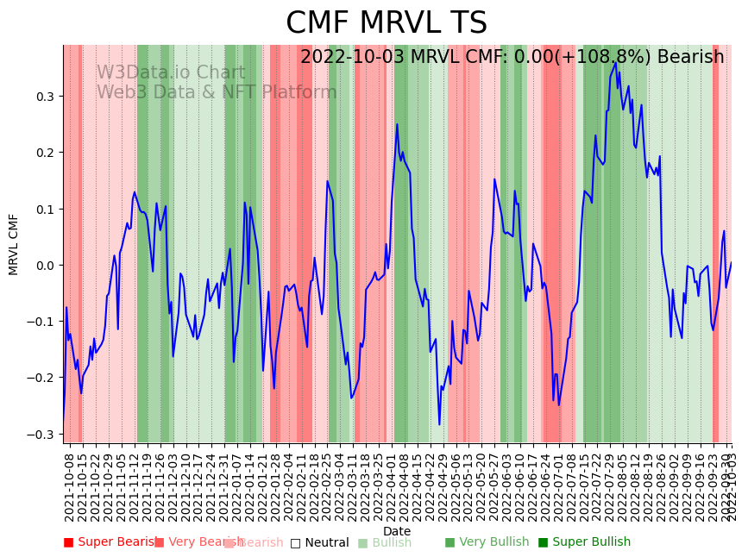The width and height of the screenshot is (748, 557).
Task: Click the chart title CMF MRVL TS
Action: pyautogui.click(x=386, y=23)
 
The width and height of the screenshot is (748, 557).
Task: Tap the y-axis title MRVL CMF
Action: pyautogui.click(x=14, y=244)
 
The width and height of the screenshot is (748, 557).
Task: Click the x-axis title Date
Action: pyautogui.click(x=397, y=531)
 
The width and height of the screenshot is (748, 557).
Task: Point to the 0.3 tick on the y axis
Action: pyautogui.click(x=44, y=97)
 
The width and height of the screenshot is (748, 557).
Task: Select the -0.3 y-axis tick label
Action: pyautogui.click(x=41, y=435)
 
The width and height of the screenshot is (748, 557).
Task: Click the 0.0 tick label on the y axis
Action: pyautogui.click(x=44, y=266)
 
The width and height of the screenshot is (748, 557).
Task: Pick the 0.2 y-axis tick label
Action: pyautogui.click(x=44, y=153)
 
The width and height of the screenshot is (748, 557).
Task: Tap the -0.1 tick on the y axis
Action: pyautogui.click(x=41, y=322)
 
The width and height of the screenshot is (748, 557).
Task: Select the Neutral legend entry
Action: pyautogui.click(x=319, y=542)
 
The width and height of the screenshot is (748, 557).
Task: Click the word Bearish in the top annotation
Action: pyautogui.click(x=690, y=58)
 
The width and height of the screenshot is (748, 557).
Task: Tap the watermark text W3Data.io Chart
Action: pyautogui.click(x=171, y=72)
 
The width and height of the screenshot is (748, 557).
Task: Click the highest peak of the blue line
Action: pyautogui.click(x=615, y=63)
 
